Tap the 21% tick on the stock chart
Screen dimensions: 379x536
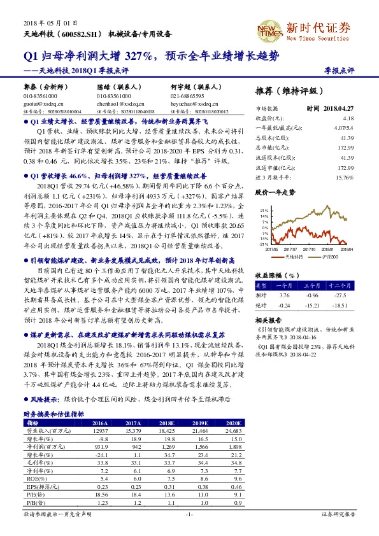(262, 209)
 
